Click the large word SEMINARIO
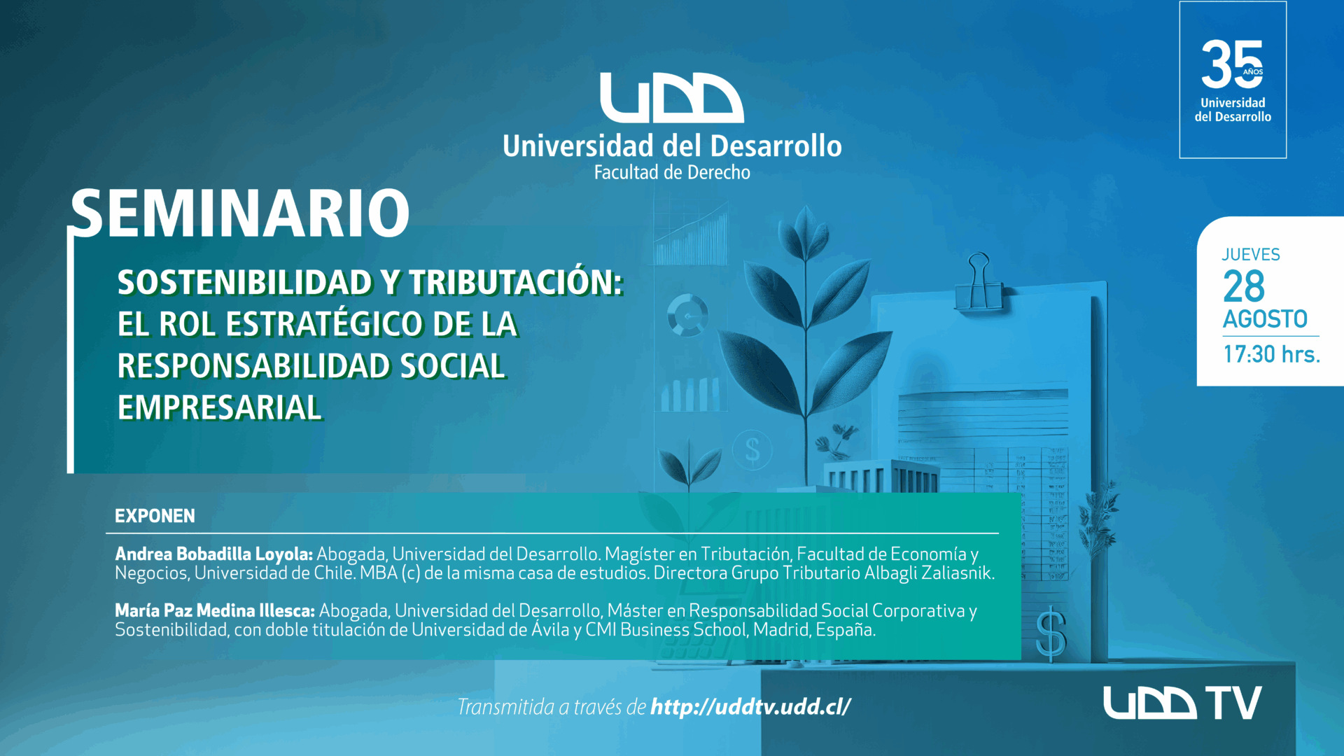pos(240,213)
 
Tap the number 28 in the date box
pos(1244,286)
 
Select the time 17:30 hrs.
pos(1271,354)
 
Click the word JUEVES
pos(1251,255)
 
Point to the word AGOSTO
pos(1265,319)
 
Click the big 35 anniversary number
pos(1233,64)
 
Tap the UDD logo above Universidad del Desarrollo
pos(672,98)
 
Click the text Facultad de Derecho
pos(672,172)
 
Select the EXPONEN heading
pos(155,516)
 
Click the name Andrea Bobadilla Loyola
pos(213,554)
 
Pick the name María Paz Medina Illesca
pos(215,610)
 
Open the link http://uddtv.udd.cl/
pos(751,707)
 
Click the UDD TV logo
pos(1182,703)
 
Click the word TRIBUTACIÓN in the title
pos(516,283)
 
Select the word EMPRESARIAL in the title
pos(220,407)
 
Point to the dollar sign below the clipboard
pos(1051,635)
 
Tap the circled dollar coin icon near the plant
pos(752,449)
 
